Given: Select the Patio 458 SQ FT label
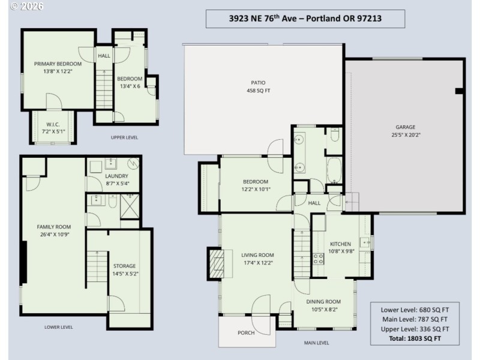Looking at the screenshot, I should point(258,87).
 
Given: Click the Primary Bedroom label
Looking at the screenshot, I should point(58,67).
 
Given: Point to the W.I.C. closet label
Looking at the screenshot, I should point(53,128).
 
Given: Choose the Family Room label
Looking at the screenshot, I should point(54,230).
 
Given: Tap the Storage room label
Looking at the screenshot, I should point(124,269).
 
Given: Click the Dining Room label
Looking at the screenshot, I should point(323,305).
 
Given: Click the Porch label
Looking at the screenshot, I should point(246,332).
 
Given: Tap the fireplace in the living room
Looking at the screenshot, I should point(215,262).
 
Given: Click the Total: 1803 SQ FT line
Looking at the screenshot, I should point(414,338).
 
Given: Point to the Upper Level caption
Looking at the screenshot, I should point(124,137).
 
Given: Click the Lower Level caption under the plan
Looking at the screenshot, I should point(58,327).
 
